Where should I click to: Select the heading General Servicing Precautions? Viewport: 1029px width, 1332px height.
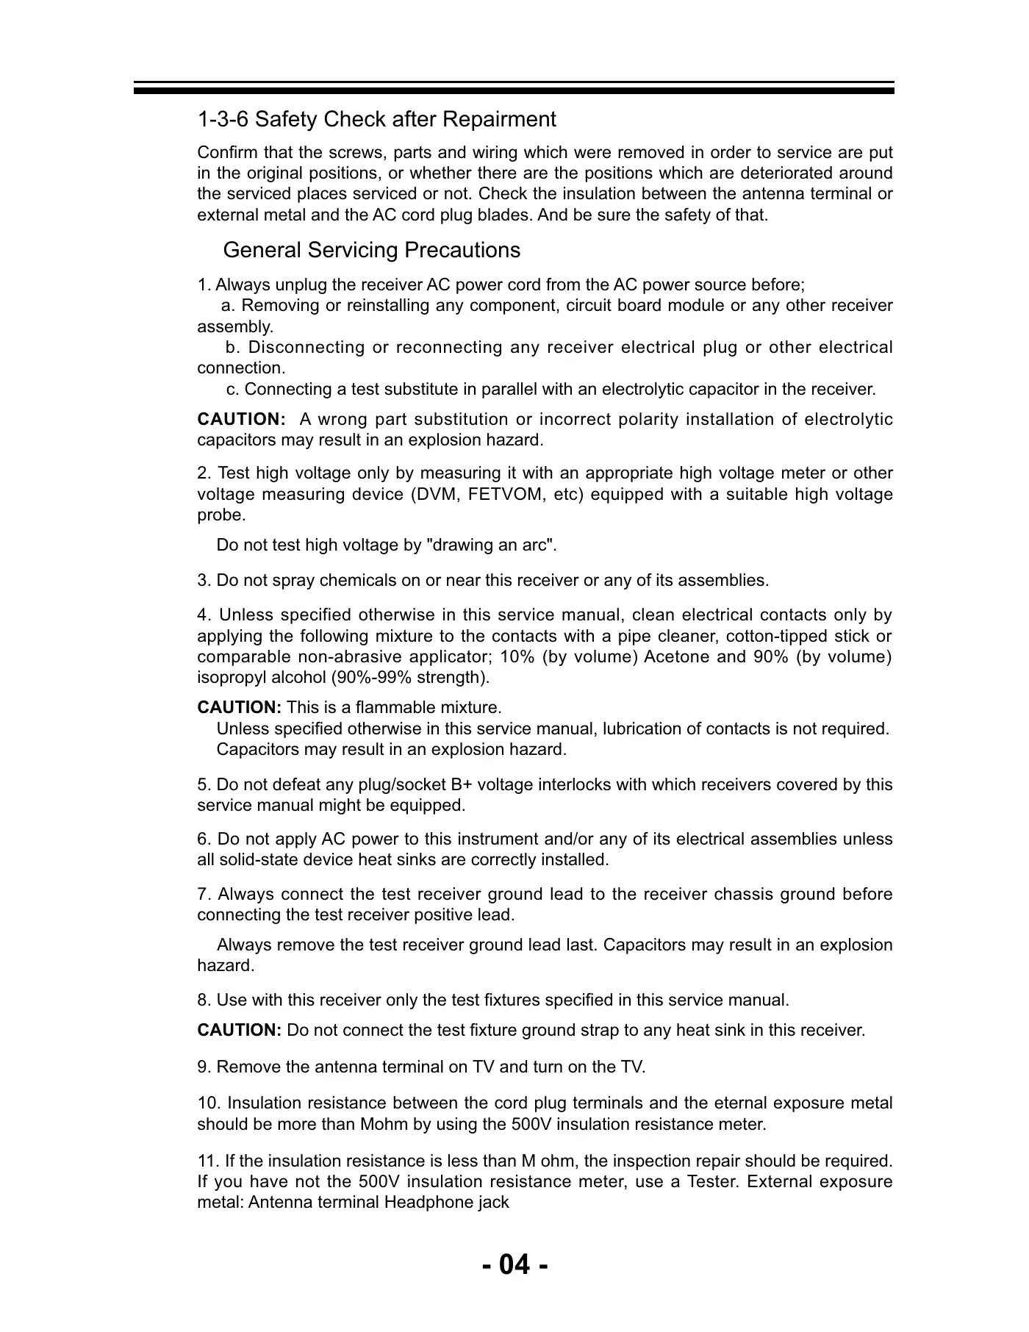pos(371,251)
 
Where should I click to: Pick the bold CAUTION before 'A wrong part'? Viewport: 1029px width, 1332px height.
pos(241,420)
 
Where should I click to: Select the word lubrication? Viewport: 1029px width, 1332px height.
pos(647,729)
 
